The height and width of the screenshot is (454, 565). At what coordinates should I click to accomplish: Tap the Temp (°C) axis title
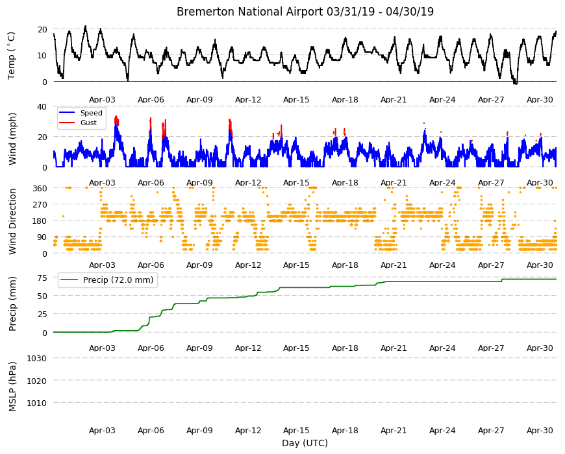[12, 55]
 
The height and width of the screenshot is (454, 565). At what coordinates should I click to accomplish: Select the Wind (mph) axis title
[12, 139]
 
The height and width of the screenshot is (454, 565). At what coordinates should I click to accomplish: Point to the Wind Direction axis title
[12, 221]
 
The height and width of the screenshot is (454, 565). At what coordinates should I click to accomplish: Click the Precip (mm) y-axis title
[12, 304]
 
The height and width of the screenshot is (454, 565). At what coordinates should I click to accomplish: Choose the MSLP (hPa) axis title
[12, 386]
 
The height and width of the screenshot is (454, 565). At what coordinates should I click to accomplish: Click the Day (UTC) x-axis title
[305, 443]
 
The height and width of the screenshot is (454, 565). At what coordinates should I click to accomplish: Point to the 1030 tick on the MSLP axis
[37, 358]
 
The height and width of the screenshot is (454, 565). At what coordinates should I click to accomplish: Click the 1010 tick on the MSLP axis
[37, 403]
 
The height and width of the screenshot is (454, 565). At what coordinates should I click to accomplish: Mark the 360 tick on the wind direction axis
[40, 188]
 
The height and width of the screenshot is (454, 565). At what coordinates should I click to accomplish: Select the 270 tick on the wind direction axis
[40, 205]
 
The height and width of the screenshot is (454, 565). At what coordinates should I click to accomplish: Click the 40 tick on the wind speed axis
[42, 107]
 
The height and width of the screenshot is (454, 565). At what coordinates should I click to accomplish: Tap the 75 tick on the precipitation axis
[42, 278]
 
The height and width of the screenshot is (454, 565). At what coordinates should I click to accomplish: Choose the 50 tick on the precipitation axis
[42, 296]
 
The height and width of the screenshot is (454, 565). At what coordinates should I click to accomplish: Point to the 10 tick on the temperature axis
[42, 55]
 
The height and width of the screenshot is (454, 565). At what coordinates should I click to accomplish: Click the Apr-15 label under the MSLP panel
[296, 430]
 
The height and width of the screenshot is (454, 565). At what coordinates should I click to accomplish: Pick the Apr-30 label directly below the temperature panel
[540, 100]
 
